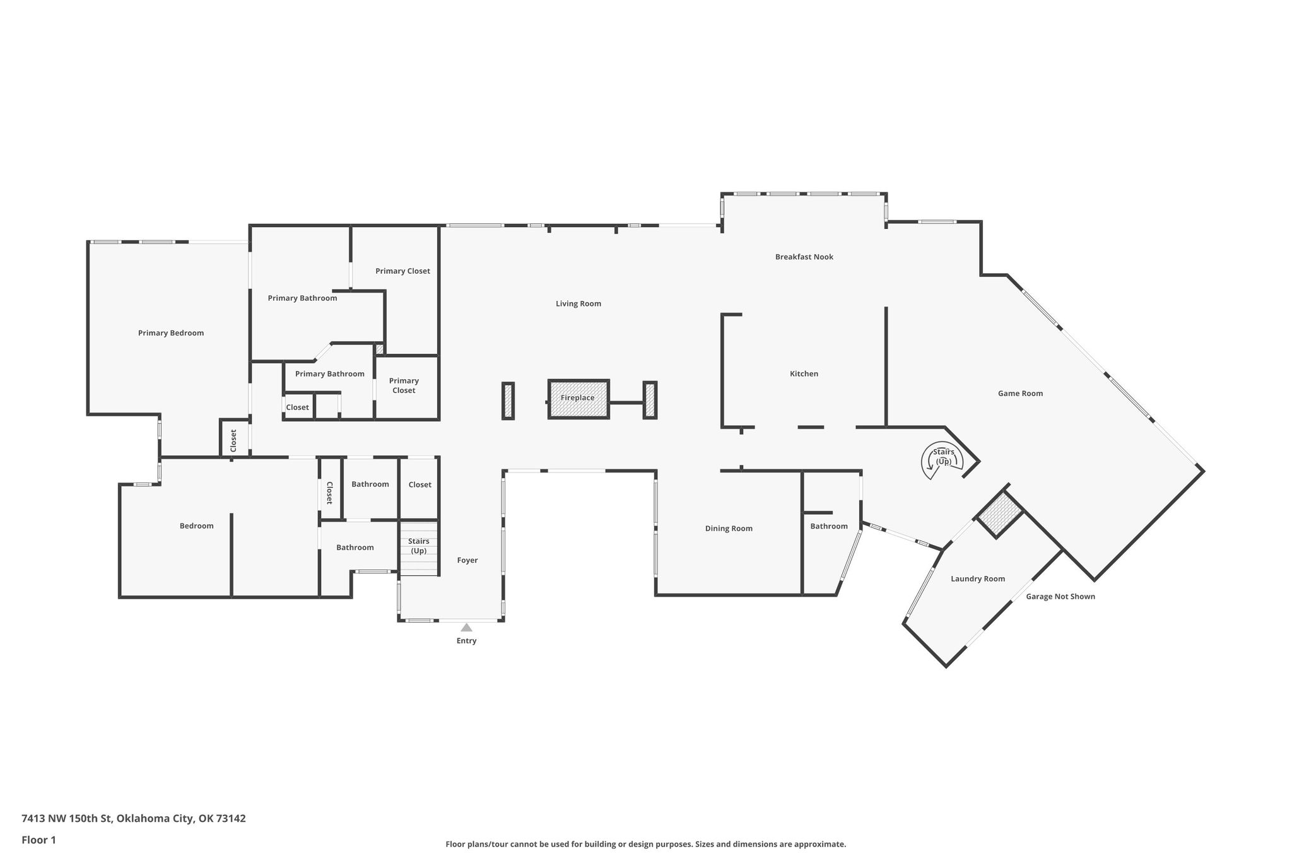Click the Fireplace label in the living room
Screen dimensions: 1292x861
pyautogui.click(x=577, y=398)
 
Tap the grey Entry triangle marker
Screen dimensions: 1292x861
pyautogui.click(x=466, y=628)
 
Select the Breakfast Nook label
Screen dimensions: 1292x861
pyautogui.click(x=804, y=257)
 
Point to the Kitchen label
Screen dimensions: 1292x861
pyautogui.click(x=804, y=374)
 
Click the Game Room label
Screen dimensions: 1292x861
pyautogui.click(x=1020, y=394)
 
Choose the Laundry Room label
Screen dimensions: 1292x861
pyautogui.click(x=978, y=579)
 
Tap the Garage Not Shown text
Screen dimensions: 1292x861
pyautogui.click(x=1060, y=597)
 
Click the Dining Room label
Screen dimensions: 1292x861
pyautogui.click(x=729, y=529)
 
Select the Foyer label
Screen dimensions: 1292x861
pyautogui.click(x=467, y=560)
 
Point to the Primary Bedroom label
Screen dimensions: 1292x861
pyautogui.click(x=171, y=333)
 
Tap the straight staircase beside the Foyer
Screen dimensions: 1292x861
pyautogui.click(x=419, y=548)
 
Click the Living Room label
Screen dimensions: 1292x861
pyautogui.click(x=578, y=304)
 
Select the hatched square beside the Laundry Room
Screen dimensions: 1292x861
pyautogui.click(x=1000, y=515)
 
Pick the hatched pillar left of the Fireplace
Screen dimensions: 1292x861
pyautogui.click(x=508, y=401)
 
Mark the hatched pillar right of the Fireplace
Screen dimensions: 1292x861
pyautogui.click(x=650, y=400)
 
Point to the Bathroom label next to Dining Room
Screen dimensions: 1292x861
pyautogui.click(x=829, y=526)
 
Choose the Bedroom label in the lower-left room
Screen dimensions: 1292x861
pyautogui.click(x=196, y=526)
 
